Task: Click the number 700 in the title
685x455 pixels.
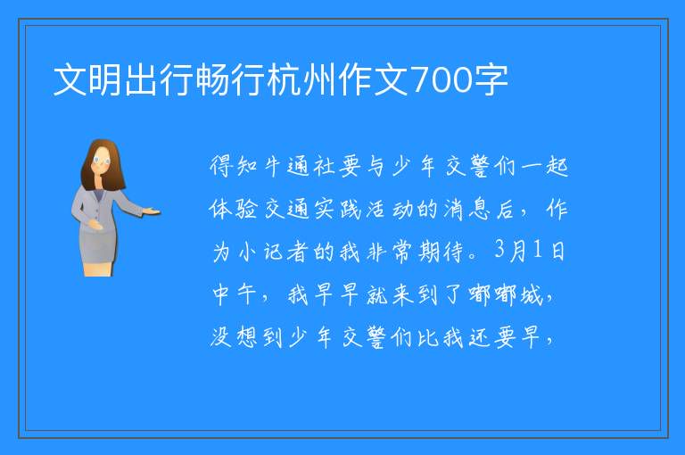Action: pyautogui.click(x=442, y=80)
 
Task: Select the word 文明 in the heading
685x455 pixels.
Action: pyautogui.click(x=88, y=80)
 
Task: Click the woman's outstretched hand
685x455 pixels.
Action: pyautogui.click(x=152, y=212)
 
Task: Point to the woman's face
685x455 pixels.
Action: pyautogui.click(x=102, y=161)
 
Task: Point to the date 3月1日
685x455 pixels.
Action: pyautogui.click(x=530, y=251)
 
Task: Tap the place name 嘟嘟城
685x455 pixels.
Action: pyautogui.click(x=506, y=295)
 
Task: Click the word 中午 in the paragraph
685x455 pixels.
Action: pyautogui.click(x=235, y=295)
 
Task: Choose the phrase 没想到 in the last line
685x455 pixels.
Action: pyautogui.click(x=246, y=337)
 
